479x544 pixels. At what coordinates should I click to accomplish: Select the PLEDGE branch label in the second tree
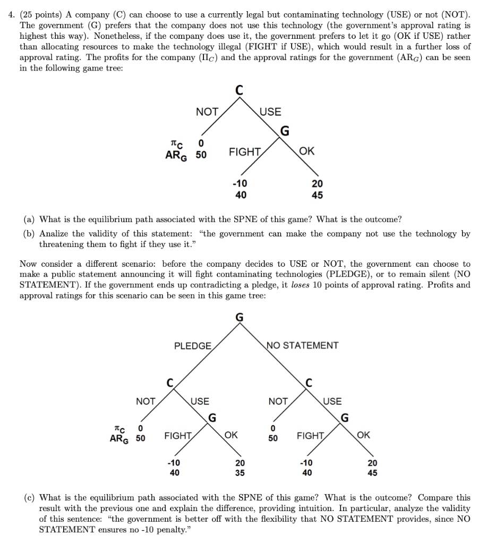tap(192, 346)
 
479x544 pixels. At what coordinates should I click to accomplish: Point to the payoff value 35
tap(240, 472)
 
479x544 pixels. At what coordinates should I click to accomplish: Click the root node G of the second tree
tap(239, 318)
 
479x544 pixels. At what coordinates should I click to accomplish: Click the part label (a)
tap(30, 219)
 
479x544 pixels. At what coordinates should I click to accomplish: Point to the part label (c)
tap(30, 498)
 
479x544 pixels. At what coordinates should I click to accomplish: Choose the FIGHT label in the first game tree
tap(244, 152)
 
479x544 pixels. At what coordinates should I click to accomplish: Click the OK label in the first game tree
tap(306, 152)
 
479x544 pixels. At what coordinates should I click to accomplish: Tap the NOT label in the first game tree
tap(207, 112)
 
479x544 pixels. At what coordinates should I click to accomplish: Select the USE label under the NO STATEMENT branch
tap(332, 402)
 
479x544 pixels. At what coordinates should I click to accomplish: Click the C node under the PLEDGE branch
tap(169, 382)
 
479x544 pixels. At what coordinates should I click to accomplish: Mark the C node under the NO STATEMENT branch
tap(309, 382)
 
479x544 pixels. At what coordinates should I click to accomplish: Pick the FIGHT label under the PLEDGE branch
tap(178, 436)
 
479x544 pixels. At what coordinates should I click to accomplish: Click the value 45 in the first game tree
tap(317, 195)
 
